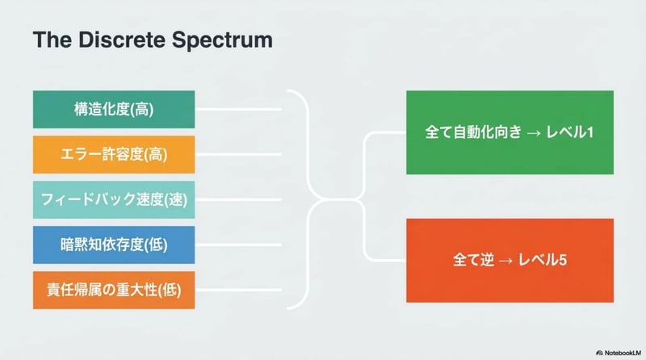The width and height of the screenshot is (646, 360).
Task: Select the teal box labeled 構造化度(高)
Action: point(114,109)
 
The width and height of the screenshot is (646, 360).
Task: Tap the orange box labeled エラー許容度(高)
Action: point(114,154)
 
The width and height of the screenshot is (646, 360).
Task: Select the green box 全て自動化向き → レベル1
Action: point(509,132)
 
